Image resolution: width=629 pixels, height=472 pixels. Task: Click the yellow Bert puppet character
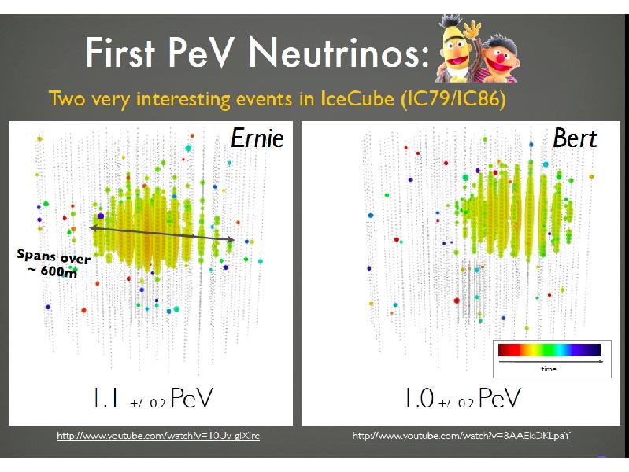point(454,47)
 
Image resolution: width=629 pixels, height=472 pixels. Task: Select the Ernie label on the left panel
point(257,139)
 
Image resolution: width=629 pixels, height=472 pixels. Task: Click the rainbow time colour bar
point(547,349)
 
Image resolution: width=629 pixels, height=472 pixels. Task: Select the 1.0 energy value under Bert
point(419,397)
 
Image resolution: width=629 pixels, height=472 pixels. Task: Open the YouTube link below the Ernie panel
point(158,435)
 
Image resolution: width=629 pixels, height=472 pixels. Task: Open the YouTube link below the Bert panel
point(461,435)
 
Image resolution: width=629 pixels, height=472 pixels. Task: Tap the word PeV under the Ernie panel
point(189,397)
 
